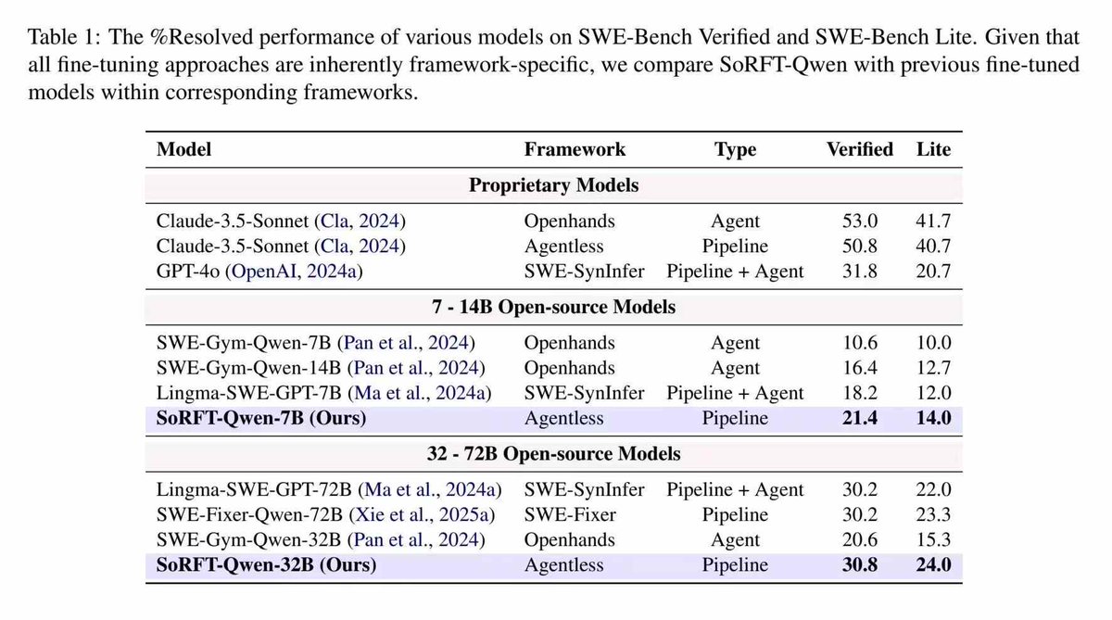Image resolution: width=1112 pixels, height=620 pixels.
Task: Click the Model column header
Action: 183,149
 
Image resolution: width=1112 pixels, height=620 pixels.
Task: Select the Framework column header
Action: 575,149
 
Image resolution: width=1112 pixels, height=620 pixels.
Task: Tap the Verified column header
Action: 859,149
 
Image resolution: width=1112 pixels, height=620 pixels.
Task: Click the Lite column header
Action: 933,149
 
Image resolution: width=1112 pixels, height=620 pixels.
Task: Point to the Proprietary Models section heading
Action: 553,185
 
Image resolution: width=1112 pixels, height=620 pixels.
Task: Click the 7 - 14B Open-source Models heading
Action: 553,308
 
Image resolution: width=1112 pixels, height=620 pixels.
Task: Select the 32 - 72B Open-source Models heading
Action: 553,454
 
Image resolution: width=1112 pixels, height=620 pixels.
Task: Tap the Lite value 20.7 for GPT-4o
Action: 933,271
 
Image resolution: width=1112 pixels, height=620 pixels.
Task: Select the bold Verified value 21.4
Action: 859,418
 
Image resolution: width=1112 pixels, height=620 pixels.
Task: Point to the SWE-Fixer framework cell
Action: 570,515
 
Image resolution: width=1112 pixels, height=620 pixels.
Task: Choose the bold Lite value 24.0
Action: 933,564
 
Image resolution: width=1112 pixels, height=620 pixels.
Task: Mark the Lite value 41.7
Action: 933,221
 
